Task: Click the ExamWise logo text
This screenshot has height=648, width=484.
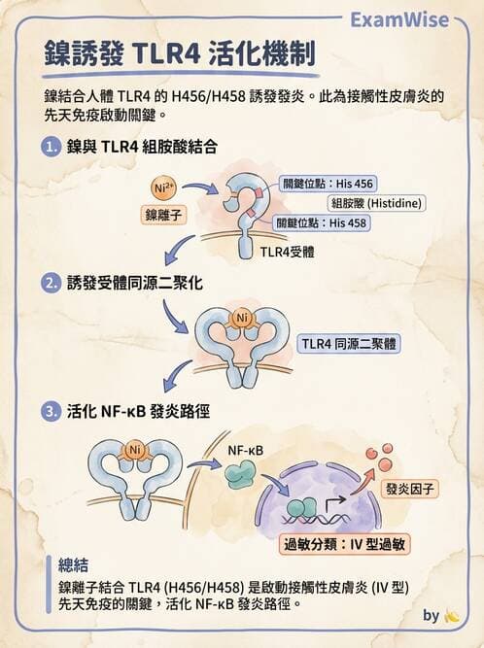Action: point(399,19)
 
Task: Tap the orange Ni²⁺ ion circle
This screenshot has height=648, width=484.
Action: point(163,188)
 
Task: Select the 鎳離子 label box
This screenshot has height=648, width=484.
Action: point(163,215)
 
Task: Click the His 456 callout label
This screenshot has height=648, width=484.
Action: point(327,184)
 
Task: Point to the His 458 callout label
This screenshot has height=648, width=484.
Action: point(322,223)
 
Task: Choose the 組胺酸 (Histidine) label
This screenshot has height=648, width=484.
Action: point(376,203)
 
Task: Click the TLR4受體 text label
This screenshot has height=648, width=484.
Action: point(288,252)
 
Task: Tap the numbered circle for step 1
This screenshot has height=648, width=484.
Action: point(51,147)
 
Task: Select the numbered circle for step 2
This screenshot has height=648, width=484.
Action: point(51,284)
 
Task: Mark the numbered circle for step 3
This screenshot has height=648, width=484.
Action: point(51,412)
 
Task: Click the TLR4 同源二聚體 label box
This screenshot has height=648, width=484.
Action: point(349,344)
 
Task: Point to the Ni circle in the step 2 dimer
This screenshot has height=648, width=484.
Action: point(242,319)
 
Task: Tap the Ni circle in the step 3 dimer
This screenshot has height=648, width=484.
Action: point(135,450)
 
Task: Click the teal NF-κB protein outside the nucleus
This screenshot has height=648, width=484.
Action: point(240,473)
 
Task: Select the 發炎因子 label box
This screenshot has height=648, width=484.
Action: point(409,489)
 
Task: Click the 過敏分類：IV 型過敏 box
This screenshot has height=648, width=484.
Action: point(344,544)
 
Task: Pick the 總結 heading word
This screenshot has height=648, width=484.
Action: point(73,565)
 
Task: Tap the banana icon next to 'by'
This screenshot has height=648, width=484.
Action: point(451,617)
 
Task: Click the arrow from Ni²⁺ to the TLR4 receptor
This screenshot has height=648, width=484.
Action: point(200,188)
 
